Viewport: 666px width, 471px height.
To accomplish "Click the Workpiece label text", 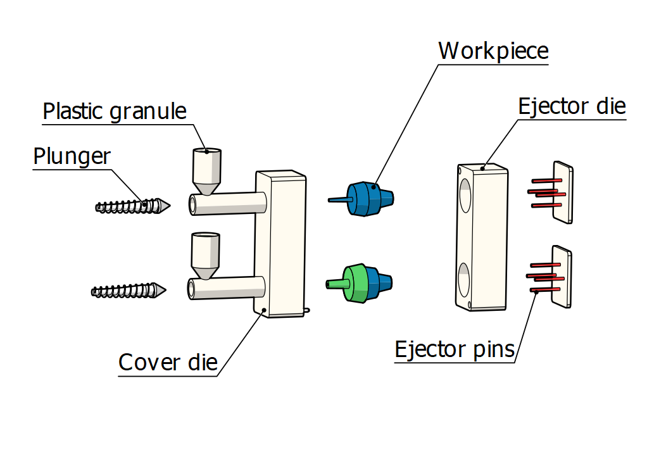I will (493, 50).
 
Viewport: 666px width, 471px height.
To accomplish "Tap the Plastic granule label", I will (115, 111).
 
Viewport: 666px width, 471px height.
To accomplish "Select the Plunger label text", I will (72, 156).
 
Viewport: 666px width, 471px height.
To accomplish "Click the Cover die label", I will (168, 363).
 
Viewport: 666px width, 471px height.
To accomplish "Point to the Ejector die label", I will (572, 106).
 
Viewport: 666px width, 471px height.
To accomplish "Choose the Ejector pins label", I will (455, 349).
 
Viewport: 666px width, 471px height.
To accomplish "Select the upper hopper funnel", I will (206, 171).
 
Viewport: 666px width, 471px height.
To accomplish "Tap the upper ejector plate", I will (563, 192).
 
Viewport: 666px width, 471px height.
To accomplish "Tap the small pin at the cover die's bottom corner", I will (307, 310).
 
